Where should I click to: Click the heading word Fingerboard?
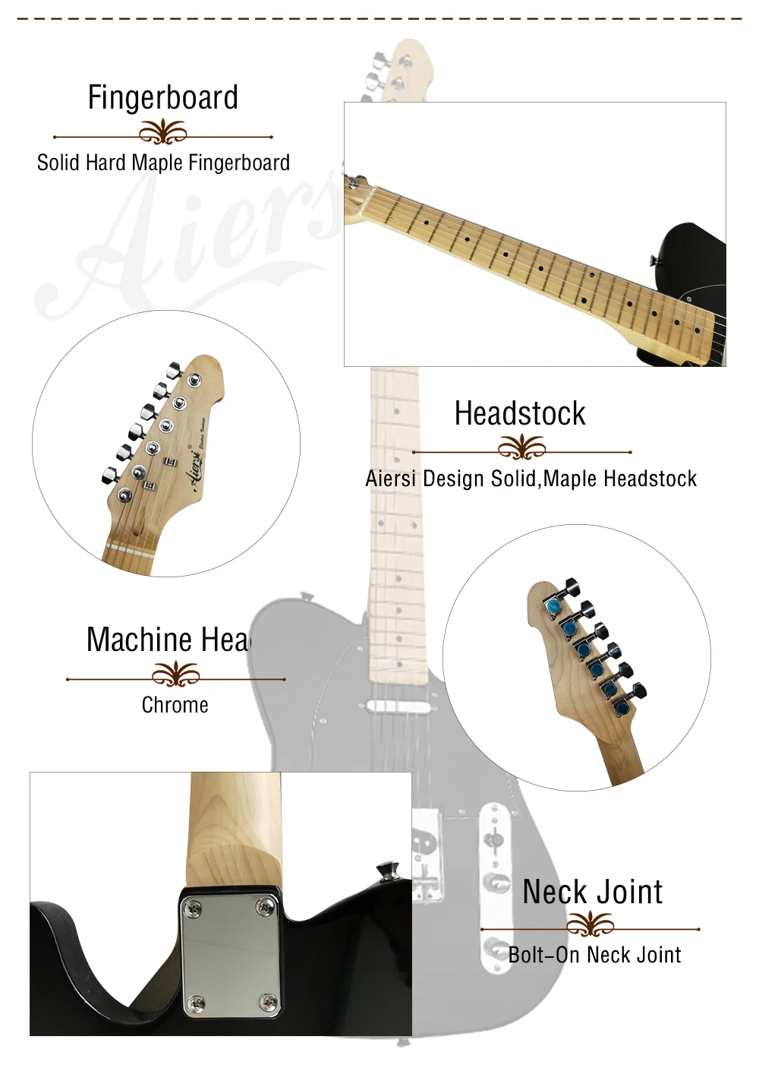click(162, 98)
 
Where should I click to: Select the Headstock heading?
click(520, 414)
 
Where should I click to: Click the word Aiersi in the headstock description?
click(390, 479)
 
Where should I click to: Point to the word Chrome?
click(175, 705)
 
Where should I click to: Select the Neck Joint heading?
click(592, 892)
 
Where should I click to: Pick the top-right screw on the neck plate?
click(266, 904)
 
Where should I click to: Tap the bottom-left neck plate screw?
click(195, 1003)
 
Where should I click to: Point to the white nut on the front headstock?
click(130, 548)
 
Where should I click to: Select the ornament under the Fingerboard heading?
click(162, 134)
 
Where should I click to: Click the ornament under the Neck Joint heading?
click(590, 924)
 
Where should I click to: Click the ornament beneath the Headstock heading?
click(521, 448)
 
